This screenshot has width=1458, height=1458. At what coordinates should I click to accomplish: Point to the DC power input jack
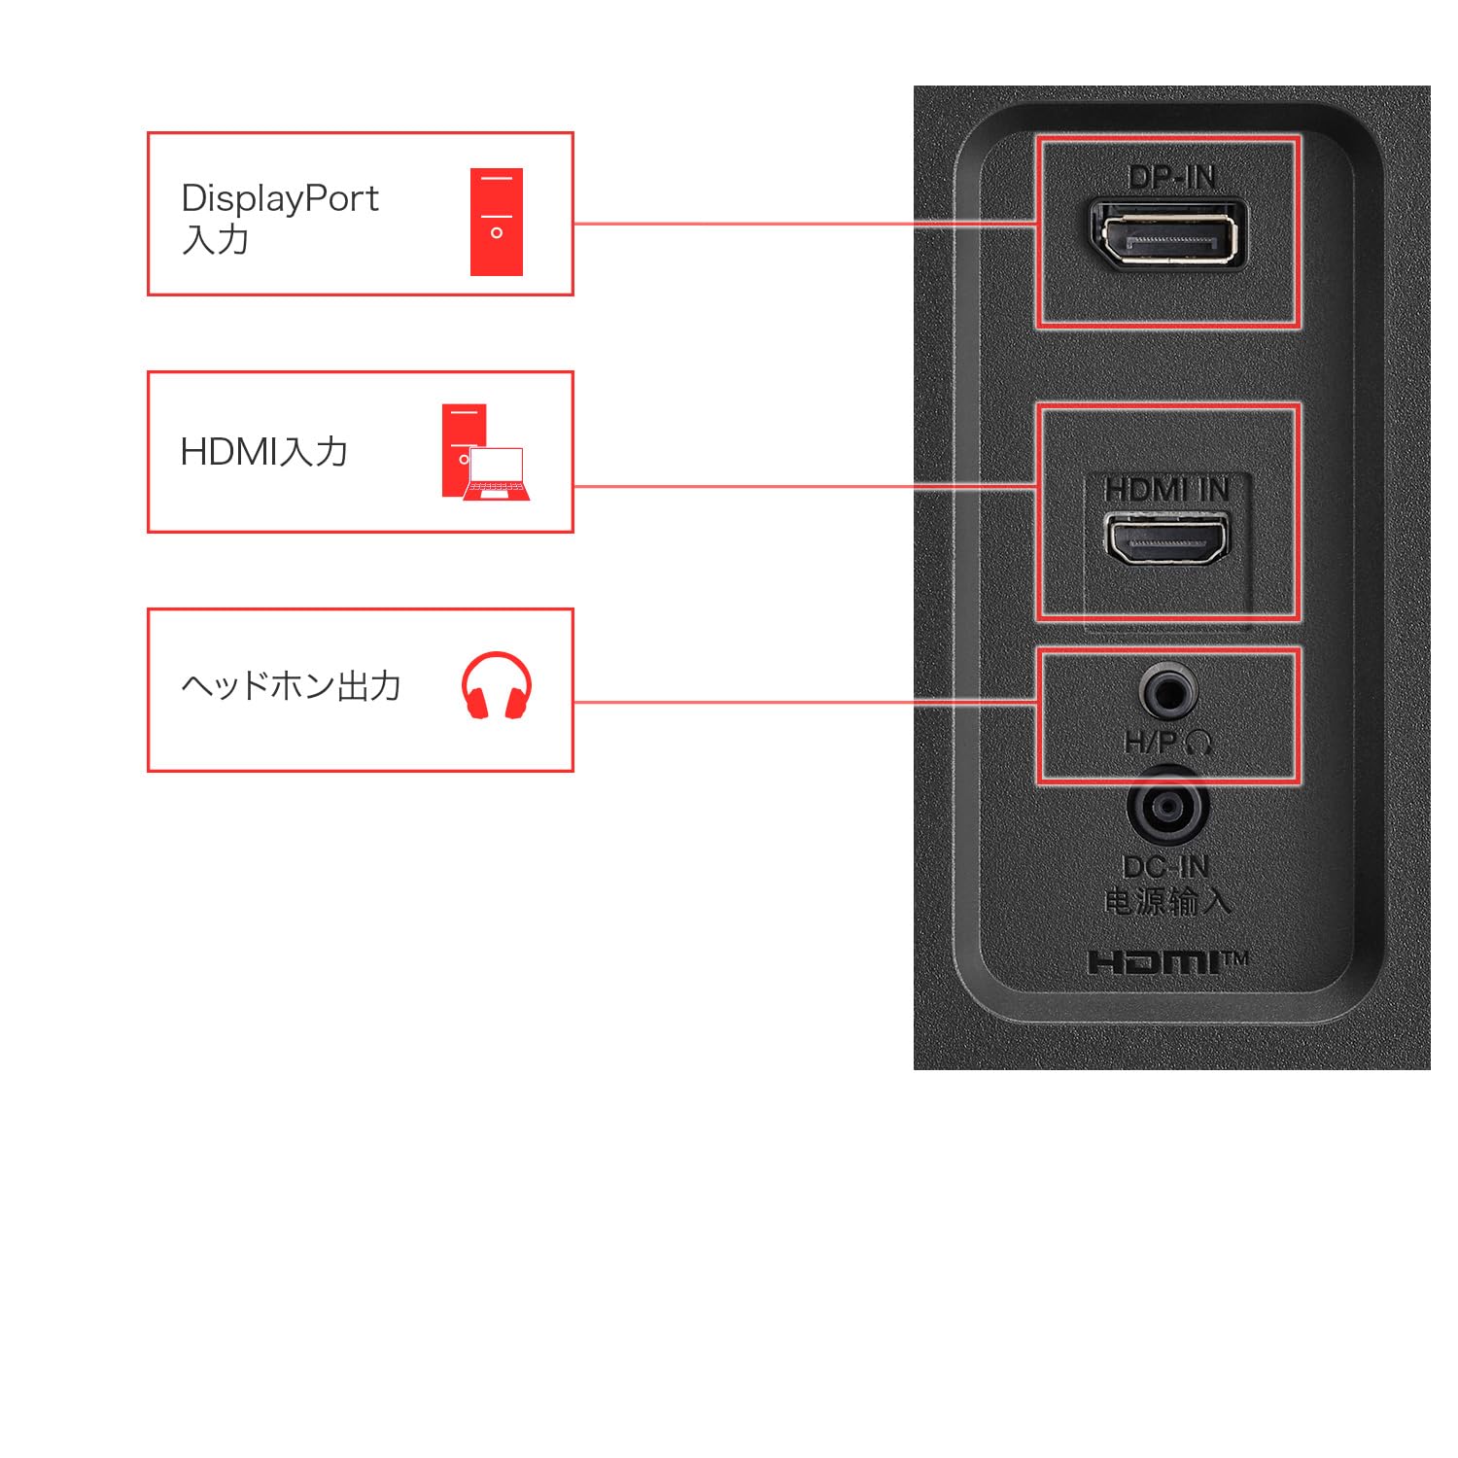click(1167, 808)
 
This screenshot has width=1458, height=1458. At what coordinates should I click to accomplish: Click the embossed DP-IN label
click(1172, 177)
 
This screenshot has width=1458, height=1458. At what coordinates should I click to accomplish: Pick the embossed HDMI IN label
click(1167, 490)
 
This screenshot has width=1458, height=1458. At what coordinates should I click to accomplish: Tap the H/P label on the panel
click(1151, 743)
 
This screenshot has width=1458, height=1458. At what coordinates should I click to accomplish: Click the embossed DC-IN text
click(1165, 866)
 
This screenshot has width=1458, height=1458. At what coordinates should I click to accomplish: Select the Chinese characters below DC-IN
click(1167, 902)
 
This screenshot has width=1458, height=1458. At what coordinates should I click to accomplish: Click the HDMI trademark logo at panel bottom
click(1167, 962)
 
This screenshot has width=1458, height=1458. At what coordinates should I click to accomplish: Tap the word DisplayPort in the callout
click(280, 199)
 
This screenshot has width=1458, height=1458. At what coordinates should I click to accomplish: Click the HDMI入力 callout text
click(263, 452)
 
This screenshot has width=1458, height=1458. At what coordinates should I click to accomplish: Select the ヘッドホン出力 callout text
click(291, 686)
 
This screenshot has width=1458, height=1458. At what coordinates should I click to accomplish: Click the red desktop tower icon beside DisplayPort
click(497, 222)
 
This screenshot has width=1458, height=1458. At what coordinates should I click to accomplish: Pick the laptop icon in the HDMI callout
click(497, 474)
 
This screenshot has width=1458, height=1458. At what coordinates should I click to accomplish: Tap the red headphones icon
click(497, 686)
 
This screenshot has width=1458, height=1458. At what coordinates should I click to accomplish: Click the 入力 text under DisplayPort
click(216, 240)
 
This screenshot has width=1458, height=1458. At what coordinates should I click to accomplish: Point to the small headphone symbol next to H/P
click(1199, 744)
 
